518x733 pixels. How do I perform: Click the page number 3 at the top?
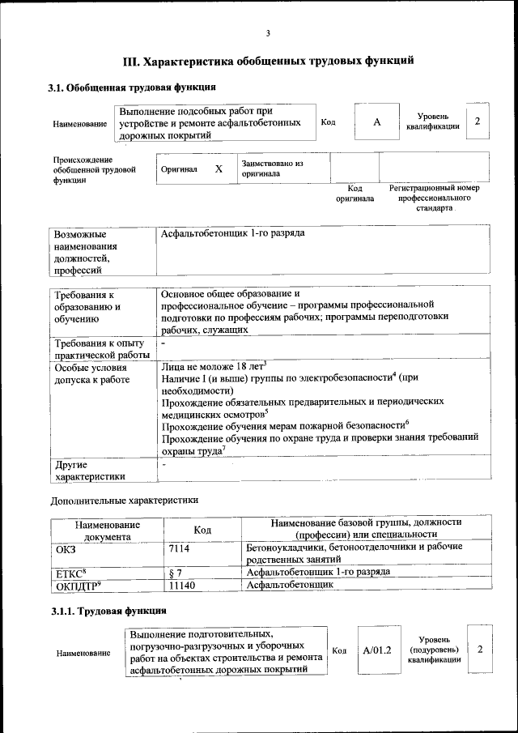(x=267, y=33)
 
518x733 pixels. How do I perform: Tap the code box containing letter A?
(x=376, y=122)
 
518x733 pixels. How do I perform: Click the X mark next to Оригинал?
(x=218, y=169)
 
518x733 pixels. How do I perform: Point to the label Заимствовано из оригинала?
(x=272, y=168)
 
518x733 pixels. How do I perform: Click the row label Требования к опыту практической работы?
(x=101, y=348)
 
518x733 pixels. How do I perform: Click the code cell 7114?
(x=179, y=548)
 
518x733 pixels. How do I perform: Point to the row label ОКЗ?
(x=66, y=548)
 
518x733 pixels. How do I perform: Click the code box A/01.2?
(x=376, y=650)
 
